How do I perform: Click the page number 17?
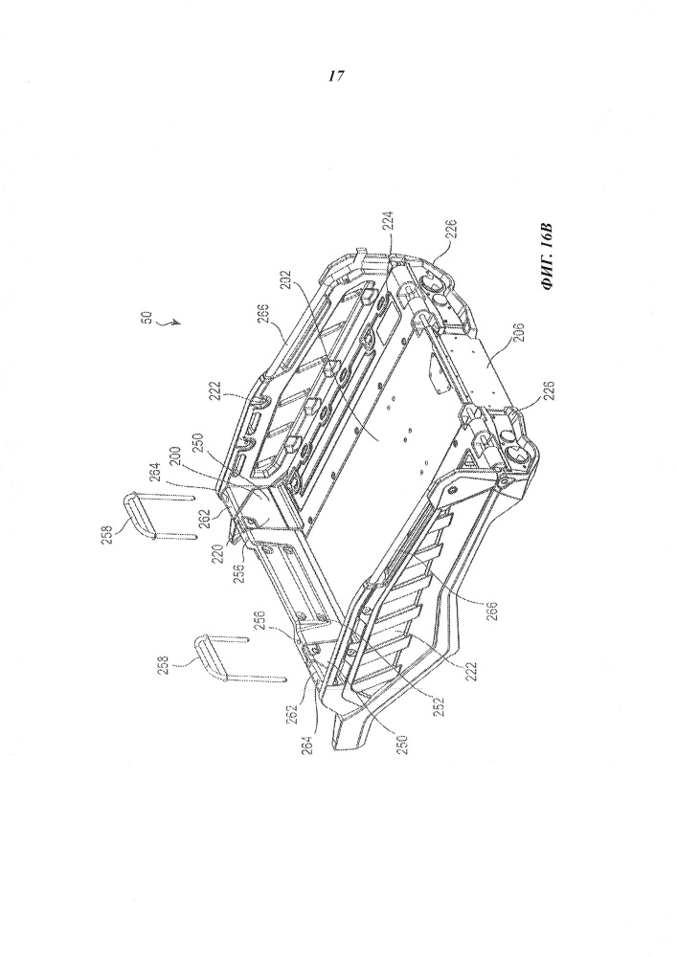[x=336, y=77]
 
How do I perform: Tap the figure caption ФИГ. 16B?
[x=548, y=256]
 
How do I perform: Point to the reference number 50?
[x=147, y=319]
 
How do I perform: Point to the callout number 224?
[x=388, y=221]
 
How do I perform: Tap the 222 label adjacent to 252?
[x=472, y=671]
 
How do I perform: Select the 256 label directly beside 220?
[x=240, y=573]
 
